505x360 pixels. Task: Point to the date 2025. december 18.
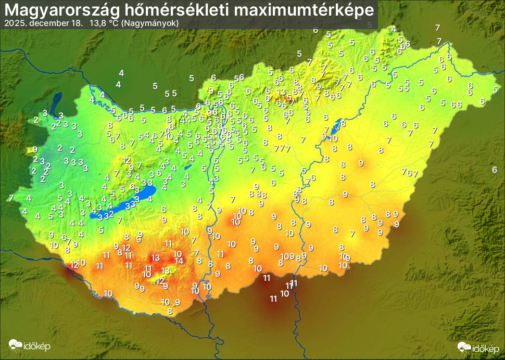coord(43,23)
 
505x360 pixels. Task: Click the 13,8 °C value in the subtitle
coord(105,23)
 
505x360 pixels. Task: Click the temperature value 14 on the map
coord(179,261)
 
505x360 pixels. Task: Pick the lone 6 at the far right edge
coord(495,170)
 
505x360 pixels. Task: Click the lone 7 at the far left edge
coord(11,198)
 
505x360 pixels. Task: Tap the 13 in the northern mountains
coord(281,92)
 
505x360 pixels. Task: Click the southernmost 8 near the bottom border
coord(170,311)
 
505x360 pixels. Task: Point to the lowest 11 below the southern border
coord(273,299)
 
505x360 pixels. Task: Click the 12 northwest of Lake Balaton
coord(126,160)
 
